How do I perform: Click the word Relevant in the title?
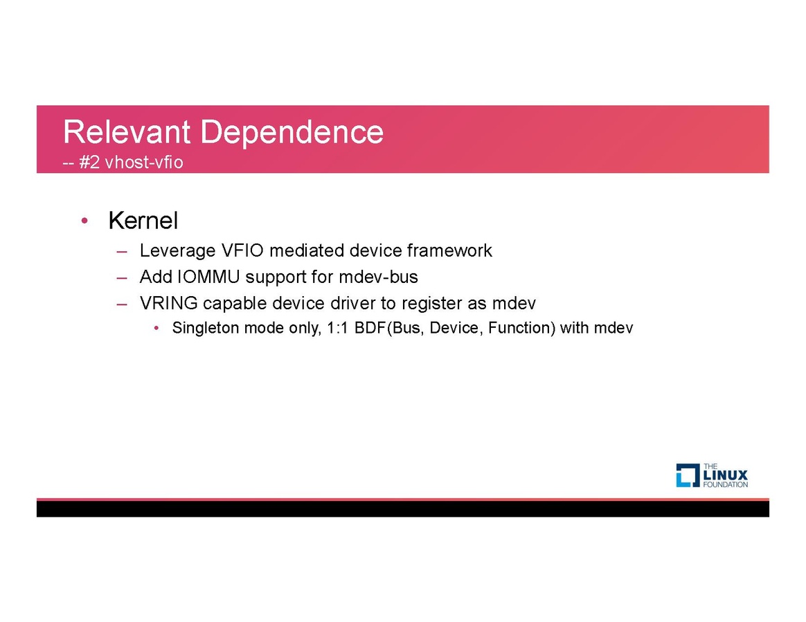coord(127,131)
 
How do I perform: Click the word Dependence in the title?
coord(292,131)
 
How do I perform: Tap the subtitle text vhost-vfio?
coord(144,163)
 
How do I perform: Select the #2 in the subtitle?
coord(89,163)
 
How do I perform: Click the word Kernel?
coord(143,221)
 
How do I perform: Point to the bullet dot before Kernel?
coord(84,221)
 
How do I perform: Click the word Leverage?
coord(178,250)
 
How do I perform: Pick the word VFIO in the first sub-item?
coord(242,250)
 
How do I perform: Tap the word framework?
coord(449,250)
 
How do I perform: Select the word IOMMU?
coord(208,277)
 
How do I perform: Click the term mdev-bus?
coord(378,277)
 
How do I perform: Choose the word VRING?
coord(168,303)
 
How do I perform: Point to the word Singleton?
coord(206,328)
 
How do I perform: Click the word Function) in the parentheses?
coord(521,328)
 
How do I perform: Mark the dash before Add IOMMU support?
coord(122,278)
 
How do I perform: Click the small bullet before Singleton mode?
coord(156,328)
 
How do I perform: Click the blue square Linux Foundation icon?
coord(688,475)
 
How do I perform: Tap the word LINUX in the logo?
coord(725,475)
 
